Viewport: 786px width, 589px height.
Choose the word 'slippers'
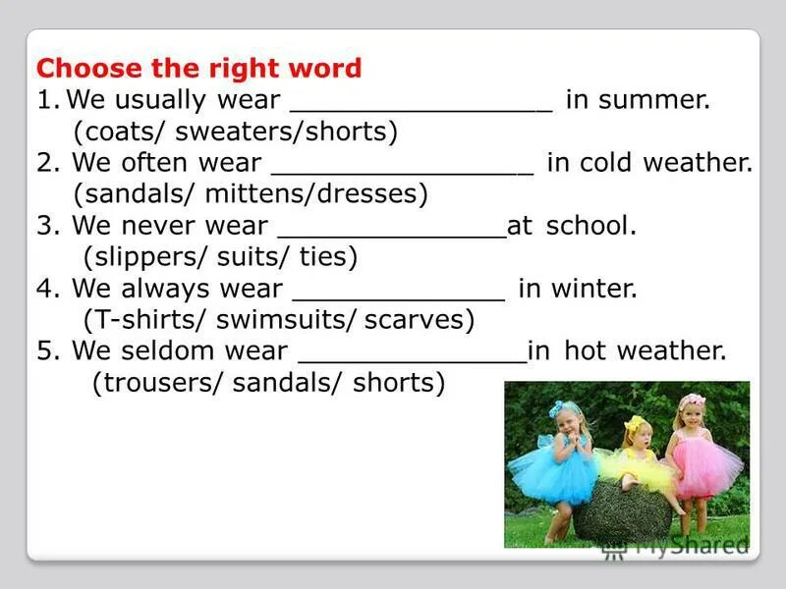click(x=131, y=257)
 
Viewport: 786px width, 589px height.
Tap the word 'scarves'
click(x=421, y=320)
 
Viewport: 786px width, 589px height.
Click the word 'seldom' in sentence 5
click(x=162, y=351)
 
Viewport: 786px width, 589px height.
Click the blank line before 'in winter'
click(x=399, y=298)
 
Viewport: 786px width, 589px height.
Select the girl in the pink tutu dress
click(x=700, y=452)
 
